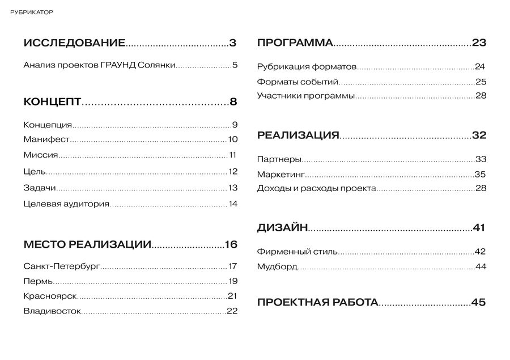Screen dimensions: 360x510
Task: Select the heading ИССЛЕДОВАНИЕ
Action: pos(74,43)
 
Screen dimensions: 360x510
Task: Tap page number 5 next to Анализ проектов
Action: pos(235,65)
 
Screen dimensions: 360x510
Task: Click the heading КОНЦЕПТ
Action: pos(53,102)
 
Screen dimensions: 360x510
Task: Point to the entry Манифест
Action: pos(46,139)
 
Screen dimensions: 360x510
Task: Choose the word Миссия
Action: pos(41,155)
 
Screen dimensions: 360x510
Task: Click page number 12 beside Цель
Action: pos(233,172)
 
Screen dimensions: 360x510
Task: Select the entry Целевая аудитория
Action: pos(66,204)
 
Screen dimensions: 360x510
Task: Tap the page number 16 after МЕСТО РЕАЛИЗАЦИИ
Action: pos(231,245)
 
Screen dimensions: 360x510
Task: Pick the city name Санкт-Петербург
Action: pos(62,266)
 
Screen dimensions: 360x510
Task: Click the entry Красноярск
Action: pos(50,296)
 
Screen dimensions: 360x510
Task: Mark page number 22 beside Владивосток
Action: pos(232,311)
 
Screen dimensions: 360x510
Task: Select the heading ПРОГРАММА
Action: pos(295,43)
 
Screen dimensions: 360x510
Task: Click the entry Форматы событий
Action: pos(297,82)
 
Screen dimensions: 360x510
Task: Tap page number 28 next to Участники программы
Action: pos(481,95)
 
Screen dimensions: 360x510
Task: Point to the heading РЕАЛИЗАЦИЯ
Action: pos(298,135)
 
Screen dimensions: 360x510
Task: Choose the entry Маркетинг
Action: pos(281,175)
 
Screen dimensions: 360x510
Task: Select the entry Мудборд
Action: pos(277,266)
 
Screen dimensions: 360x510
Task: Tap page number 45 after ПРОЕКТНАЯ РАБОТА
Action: pos(479,302)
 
